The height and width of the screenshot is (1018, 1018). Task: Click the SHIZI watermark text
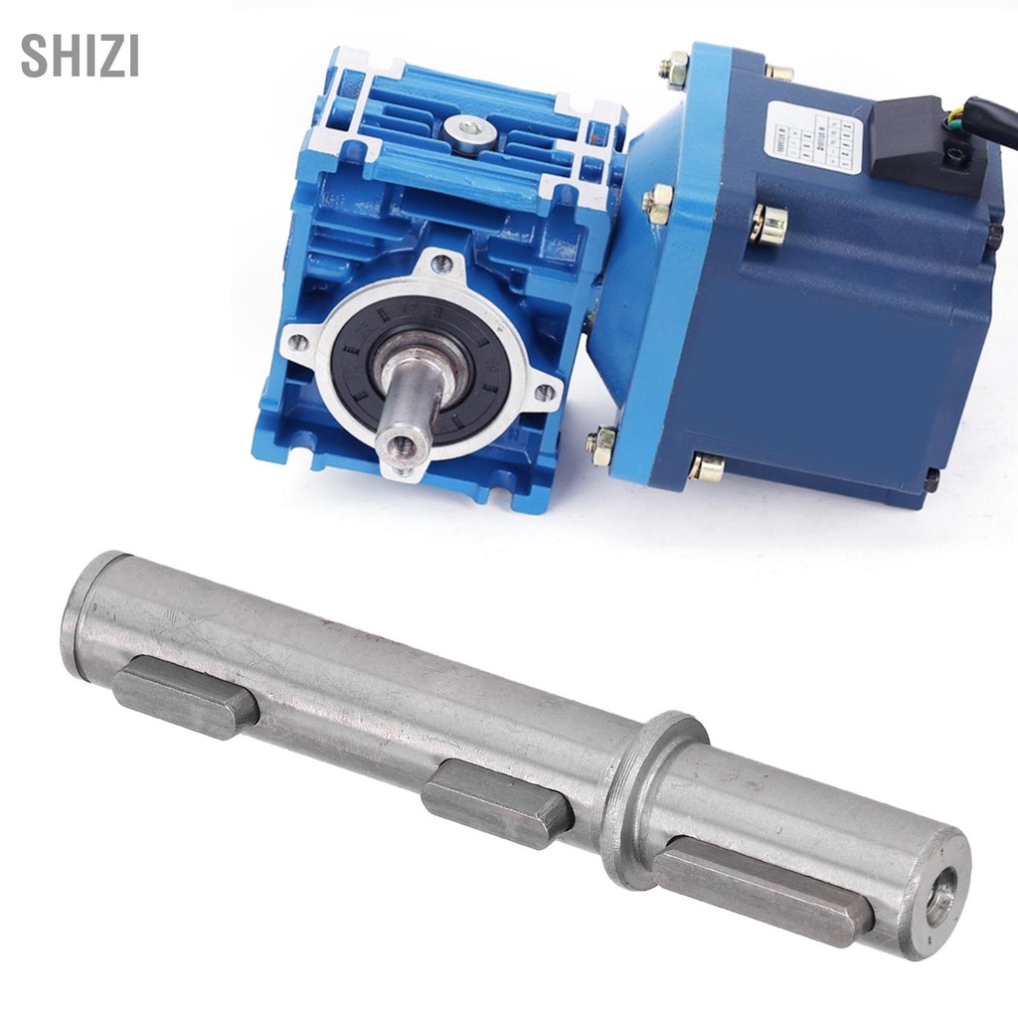coord(80,58)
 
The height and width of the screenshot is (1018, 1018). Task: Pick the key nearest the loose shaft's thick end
coord(185,696)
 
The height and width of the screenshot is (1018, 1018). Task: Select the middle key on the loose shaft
coord(497,802)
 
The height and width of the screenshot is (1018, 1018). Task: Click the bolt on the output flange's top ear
coord(441,262)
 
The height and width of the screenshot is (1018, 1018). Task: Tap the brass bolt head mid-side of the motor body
coord(766,223)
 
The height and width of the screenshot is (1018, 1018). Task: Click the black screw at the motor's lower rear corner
coord(932,479)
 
